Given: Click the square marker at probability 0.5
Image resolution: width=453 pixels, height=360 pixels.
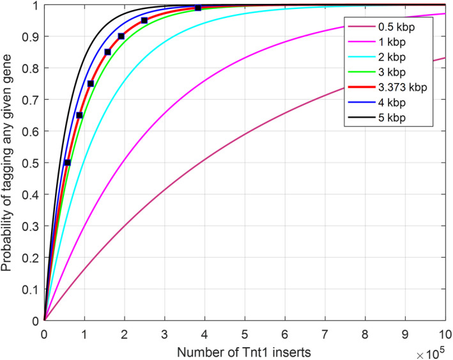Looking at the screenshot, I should [67, 162].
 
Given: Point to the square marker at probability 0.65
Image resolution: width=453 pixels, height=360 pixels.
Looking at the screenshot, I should [79, 115].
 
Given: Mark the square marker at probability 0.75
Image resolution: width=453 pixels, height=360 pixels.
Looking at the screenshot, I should [90, 84].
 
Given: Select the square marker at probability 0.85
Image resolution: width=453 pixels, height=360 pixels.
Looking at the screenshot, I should [107, 52].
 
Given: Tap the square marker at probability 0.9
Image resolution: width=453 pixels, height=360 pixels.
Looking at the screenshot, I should [121, 36].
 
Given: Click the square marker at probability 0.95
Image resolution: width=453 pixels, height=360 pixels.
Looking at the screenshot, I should [144, 20].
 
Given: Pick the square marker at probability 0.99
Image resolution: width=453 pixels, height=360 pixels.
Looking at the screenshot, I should [198, 8].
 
